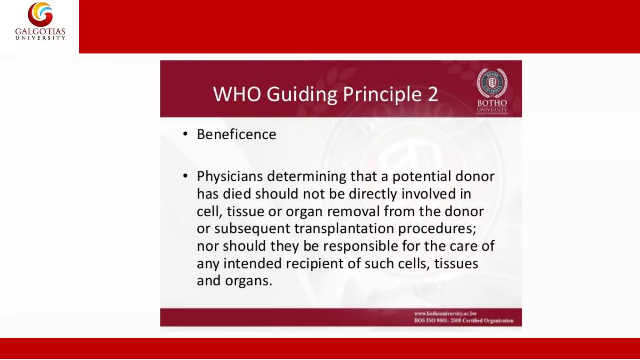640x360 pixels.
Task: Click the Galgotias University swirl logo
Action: tap(40, 14)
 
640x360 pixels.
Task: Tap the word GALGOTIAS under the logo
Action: tap(40, 32)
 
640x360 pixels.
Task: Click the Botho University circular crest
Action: tap(492, 82)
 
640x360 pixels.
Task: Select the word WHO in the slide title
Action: tap(237, 94)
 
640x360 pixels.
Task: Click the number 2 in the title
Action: tap(433, 94)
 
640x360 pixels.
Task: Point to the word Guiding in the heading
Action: tap(302, 95)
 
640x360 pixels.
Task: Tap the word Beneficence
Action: tap(237, 134)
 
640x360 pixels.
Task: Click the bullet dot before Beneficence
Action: tap(185, 134)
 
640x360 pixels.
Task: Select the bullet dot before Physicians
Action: tap(185, 176)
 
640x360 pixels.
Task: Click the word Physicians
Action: tap(230, 177)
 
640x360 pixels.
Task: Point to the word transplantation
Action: tap(344, 229)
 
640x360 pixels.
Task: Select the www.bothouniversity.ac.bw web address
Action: tap(445, 313)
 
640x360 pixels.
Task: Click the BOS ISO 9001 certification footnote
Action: tap(464, 321)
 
